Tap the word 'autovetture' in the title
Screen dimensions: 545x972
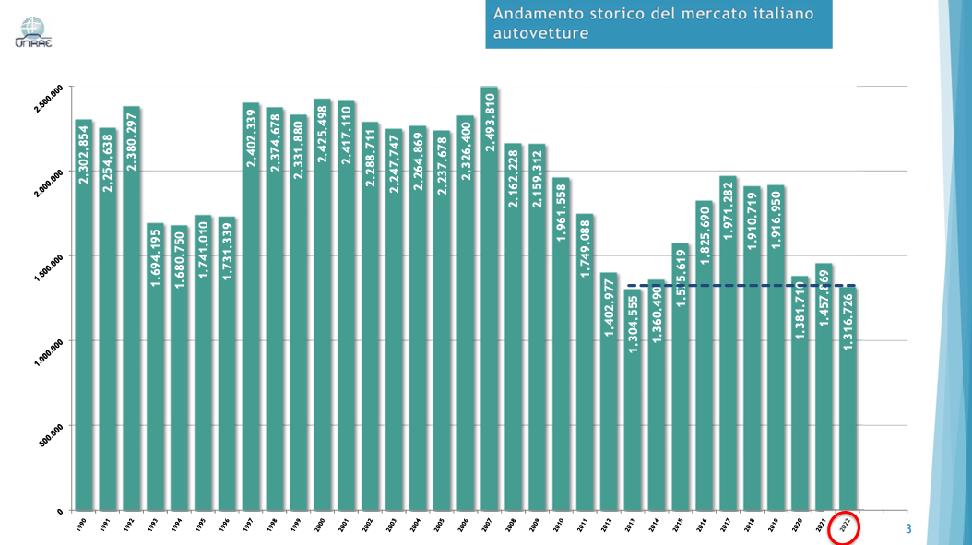point(540,34)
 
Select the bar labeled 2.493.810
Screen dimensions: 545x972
point(489,304)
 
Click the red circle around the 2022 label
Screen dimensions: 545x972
point(845,528)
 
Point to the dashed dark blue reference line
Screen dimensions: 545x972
point(738,286)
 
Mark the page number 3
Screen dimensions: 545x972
point(907,529)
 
